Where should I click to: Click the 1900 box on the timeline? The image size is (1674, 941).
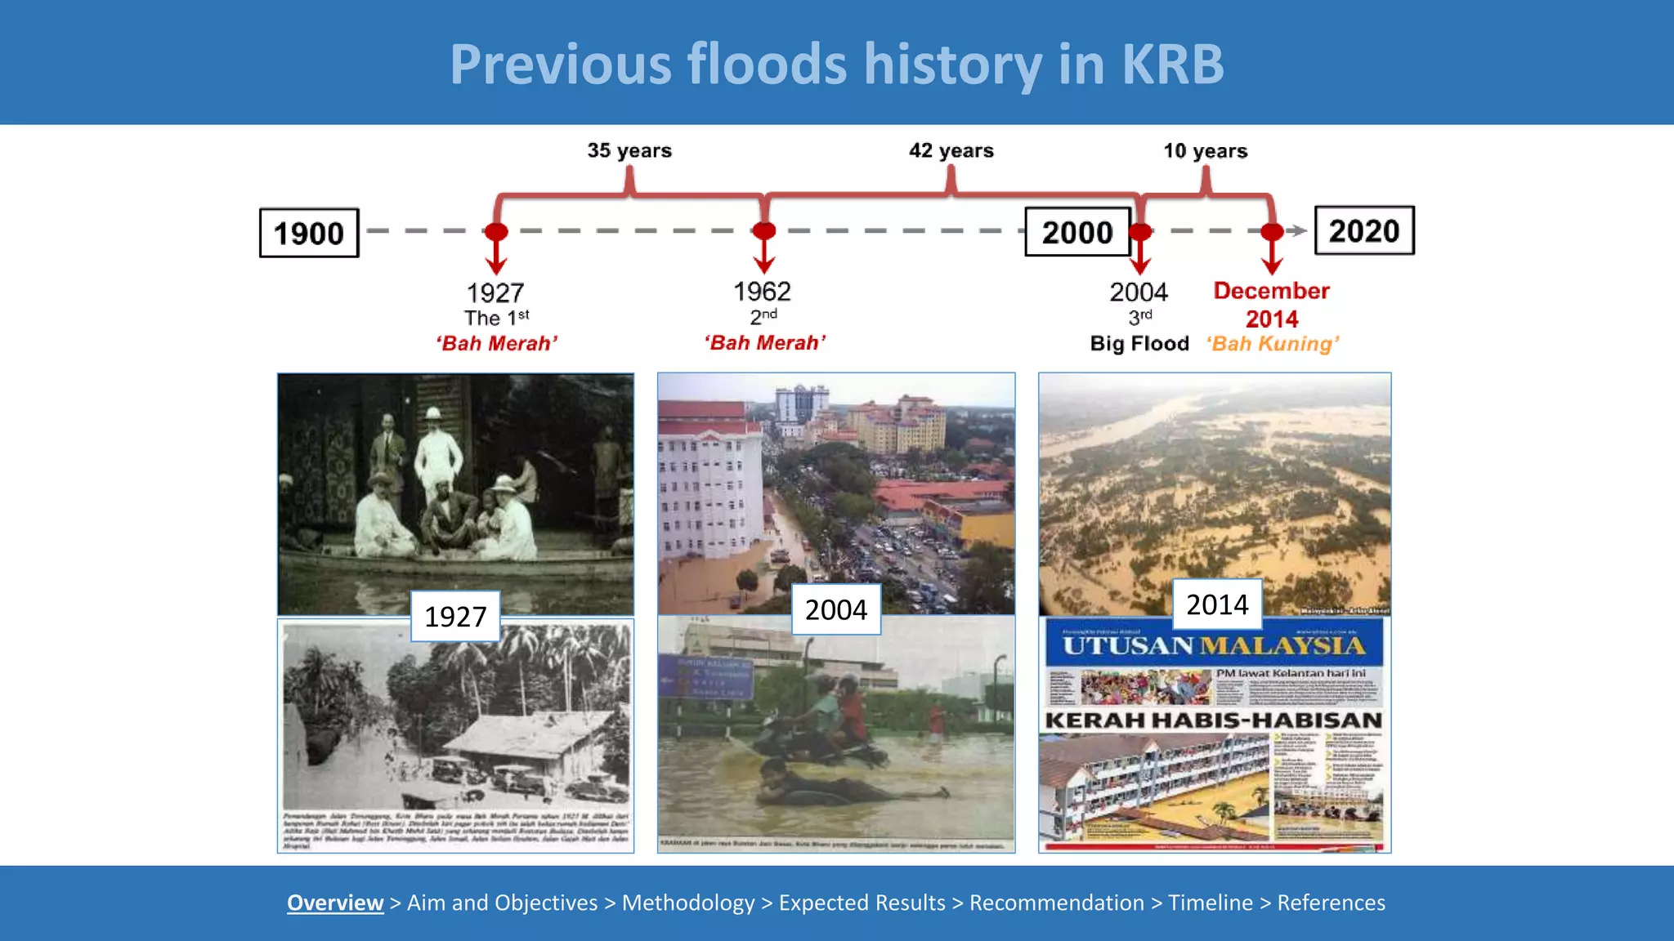click(x=309, y=234)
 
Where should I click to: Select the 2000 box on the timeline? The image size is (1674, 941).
click(x=1076, y=233)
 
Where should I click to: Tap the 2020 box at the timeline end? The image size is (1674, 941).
click(x=1363, y=231)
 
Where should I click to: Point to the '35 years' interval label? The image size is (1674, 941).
click(x=629, y=150)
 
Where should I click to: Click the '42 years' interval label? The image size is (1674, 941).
click(x=951, y=150)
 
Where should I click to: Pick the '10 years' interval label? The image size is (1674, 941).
click(x=1205, y=151)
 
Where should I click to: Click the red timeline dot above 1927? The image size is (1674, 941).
click(x=496, y=231)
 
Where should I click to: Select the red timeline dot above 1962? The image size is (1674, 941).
click(x=764, y=231)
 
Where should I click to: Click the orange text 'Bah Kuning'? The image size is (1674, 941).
click(x=1273, y=344)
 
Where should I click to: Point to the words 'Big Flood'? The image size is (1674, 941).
click(x=1139, y=344)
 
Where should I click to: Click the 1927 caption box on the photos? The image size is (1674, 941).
click(x=455, y=617)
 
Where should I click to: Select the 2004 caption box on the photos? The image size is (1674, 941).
click(x=835, y=609)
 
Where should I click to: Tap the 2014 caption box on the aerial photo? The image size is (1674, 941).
click(x=1217, y=604)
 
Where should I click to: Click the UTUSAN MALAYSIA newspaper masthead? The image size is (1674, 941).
click(x=1214, y=645)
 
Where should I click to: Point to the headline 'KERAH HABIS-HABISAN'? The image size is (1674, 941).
click(x=1214, y=720)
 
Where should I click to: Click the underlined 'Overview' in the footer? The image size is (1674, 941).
click(x=335, y=903)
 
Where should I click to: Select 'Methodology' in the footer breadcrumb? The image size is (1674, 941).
click(x=688, y=903)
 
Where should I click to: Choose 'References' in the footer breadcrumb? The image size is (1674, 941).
click(x=1331, y=903)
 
